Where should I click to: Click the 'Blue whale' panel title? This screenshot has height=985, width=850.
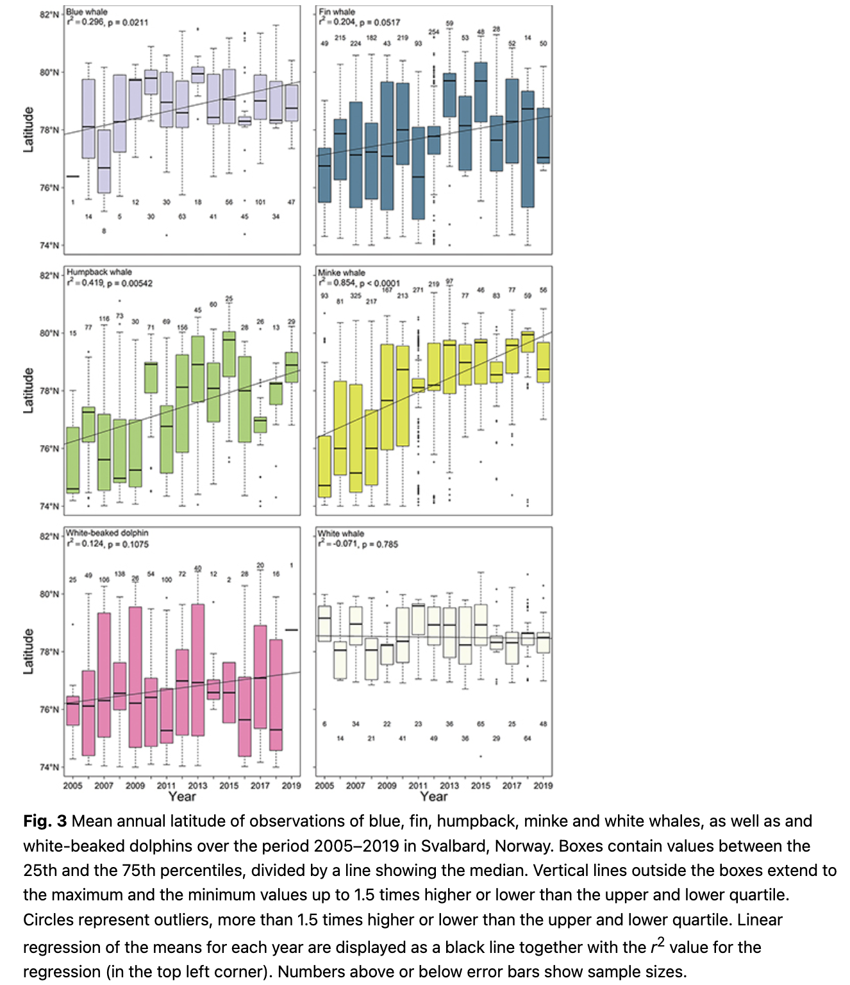click(87, 12)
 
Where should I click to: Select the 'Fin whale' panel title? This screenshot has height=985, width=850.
click(337, 12)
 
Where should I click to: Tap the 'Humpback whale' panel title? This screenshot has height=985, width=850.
click(99, 272)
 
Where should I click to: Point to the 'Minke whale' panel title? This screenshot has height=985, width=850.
click(342, 273)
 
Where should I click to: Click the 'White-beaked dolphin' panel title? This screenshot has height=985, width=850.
click(107, 533)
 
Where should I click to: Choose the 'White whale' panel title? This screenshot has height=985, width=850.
click(341, 534)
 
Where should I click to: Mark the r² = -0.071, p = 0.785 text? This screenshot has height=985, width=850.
click(358, 544)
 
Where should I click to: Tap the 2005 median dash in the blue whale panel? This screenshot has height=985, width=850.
click(72, 176)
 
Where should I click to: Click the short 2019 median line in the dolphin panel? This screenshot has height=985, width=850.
click(292, 630)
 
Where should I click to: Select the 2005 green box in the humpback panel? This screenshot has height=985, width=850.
click(73, 460)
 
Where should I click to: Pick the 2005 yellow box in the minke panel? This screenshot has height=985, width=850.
click(324, 466)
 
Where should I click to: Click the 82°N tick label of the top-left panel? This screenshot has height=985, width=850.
click(49, 15)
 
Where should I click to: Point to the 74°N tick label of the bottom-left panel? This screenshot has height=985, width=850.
click(49, 767)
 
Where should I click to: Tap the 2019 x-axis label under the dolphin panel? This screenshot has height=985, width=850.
click(291, 785)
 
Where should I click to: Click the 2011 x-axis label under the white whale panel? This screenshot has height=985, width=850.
click(417, 785)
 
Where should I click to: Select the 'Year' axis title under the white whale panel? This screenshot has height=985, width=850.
click(433, 796)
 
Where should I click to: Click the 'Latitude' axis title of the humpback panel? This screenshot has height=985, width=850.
click(28, 390)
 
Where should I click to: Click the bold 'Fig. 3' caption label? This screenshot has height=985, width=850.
click(45, 821)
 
